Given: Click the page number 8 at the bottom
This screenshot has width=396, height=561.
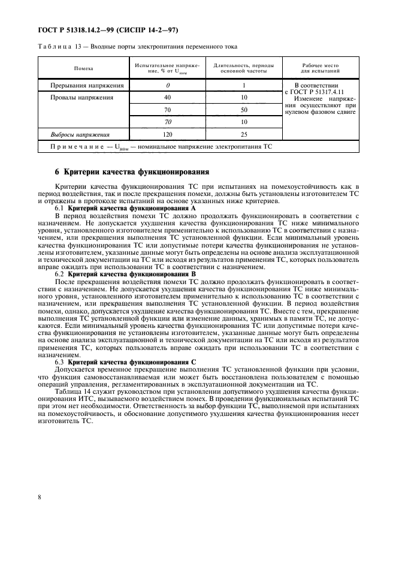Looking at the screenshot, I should click(39, 497).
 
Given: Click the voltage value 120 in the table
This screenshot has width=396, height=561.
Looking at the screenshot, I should click(168, 135).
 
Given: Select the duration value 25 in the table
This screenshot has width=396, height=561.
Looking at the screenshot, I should click(244, 135).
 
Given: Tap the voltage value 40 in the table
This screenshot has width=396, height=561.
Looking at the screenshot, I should click(168, 97).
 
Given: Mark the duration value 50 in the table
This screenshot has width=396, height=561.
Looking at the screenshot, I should click(244, 110).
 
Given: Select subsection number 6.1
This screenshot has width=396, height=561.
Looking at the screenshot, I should click(61, 208).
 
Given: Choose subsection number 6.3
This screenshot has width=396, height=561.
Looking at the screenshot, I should click(61, 362).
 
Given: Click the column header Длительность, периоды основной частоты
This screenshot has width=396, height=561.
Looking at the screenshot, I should click(244, 69).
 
